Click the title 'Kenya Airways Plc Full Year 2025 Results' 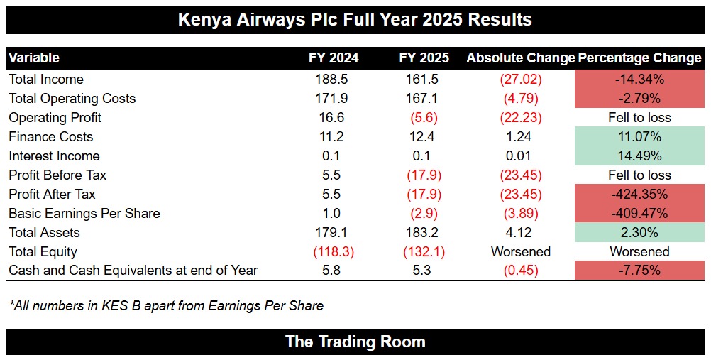[355, 18]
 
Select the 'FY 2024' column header [334, 58]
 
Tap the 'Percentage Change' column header [640, 58]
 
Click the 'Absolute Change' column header [520, 58]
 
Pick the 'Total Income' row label [46, 79]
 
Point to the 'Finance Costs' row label [50, 136]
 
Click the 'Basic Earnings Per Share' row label [84, 213]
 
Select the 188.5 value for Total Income [326, 79]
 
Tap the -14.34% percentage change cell [639, 79]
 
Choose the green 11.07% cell [639, 136]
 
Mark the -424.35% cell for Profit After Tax [639, 194]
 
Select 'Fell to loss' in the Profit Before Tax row [639, 175]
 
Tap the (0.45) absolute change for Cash [519, 271]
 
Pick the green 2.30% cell [639, 232]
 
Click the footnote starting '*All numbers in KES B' [166, 306]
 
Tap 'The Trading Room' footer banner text [355, 342]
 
